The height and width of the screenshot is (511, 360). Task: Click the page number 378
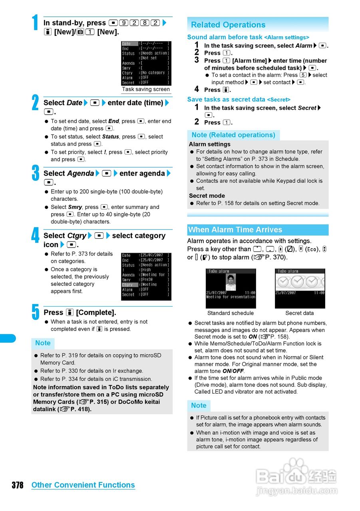pyautogui.click(x=17, y=485)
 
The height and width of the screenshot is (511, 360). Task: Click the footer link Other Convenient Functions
pyautogui.click(x=83, y=485)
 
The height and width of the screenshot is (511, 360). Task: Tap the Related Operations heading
pyautogui.click(x=228, y=25)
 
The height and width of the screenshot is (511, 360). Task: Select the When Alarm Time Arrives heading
pyautogui.click(x=235, y=230)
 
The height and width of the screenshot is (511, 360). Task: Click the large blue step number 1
pyautogui.click(x=36, y=23)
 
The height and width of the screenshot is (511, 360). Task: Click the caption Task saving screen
pyautogui.click(x=146, y=89)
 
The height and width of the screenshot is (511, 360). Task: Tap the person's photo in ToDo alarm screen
pyautogui.click(x=231, y=282)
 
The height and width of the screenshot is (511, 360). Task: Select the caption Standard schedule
pyautogui.click(x=231, y=313)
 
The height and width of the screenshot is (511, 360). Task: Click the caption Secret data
pyautogui.click(x=300, y=313)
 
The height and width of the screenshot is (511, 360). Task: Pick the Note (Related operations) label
pyautogui.click(x=233, y=135)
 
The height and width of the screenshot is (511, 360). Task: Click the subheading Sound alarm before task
pyautogui.click(x=225, y=37)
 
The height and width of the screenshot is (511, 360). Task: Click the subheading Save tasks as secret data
pyautogui.click(x=226, y=99)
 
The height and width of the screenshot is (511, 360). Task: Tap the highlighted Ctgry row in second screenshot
pyautogui.click(x=128, y=285)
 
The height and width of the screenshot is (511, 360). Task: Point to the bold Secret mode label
pyautogui.click(x=207, y=196)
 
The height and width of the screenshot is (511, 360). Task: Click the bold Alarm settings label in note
pyautogui.click(x=210, y=144)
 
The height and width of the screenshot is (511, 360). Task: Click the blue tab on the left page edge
pyautogui.click(x=8, y=338)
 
